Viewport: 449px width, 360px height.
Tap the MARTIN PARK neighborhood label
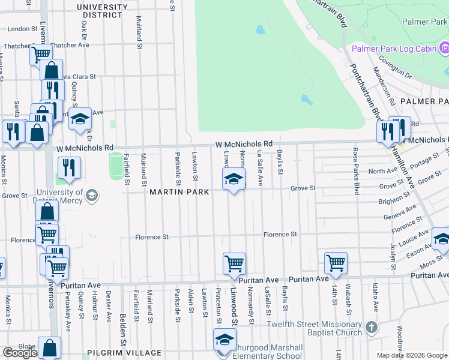click(179, 192)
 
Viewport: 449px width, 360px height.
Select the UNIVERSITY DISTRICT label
click(102, 11)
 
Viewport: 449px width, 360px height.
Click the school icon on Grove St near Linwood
click(234, 178)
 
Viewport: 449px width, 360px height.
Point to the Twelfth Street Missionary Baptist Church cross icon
click(372, 328)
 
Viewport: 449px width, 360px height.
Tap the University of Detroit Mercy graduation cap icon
click(92, 195)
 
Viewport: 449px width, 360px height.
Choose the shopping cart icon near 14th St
click(336, 262)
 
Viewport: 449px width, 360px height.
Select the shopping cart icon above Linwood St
click(234, 263)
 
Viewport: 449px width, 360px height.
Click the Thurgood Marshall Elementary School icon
click(224, 340)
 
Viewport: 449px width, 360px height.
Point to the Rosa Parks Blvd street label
click(356, 171)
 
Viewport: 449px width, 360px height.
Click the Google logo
click(20, 353)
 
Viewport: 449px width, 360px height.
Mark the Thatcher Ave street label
click(71, 45)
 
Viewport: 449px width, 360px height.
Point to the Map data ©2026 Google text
click(412, 355)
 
